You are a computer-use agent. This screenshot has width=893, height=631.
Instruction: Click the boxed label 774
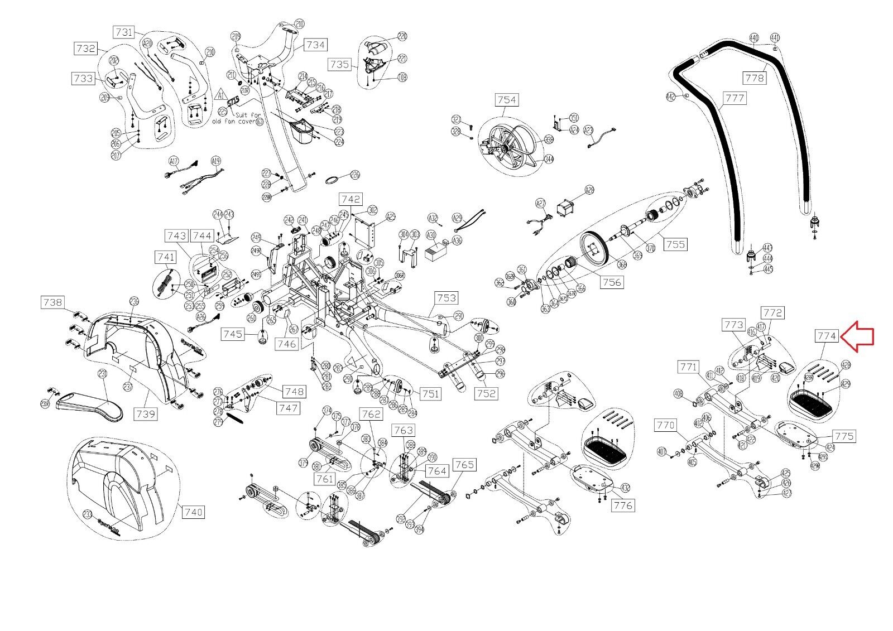827,336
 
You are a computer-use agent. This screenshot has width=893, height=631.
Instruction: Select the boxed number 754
506,100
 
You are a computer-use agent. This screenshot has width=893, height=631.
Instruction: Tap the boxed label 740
193,512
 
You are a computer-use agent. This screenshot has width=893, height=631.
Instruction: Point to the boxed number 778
755,78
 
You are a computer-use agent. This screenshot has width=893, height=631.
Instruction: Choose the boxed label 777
734,98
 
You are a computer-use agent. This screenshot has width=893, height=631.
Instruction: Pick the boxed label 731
124,32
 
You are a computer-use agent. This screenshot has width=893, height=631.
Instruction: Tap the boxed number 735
339,64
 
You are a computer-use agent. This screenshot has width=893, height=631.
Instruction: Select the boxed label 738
52,302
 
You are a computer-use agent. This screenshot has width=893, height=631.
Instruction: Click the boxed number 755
675,244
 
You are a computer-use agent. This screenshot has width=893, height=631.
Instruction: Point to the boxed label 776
623,505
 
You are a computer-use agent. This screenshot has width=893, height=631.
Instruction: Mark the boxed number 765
464,464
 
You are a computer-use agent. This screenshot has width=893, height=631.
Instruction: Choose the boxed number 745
232,334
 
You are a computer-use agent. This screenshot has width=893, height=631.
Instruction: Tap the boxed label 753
446,298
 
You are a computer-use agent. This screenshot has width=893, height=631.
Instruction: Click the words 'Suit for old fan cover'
234,117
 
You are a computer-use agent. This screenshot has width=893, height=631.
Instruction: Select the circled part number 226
355,175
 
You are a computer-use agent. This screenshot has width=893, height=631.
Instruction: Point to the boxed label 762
371,414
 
